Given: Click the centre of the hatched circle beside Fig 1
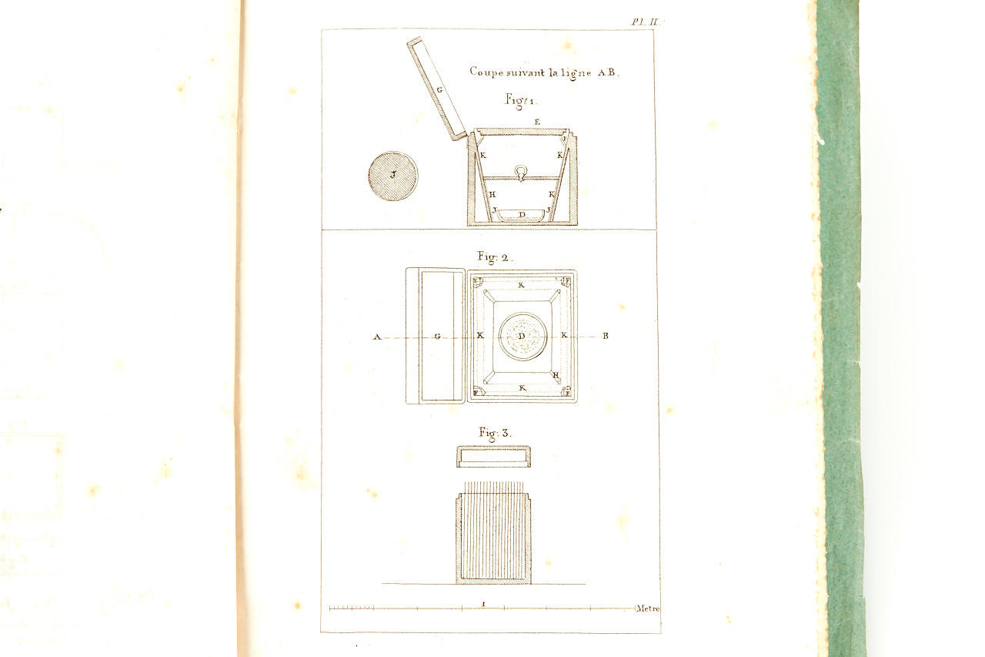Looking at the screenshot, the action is pos(392,176).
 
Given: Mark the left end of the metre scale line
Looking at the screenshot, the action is pos(330,608).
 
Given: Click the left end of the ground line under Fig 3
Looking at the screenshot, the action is pos(382,584).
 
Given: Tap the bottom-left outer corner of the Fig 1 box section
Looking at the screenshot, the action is pos(467,226).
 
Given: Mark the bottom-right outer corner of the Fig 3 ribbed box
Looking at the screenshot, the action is pos(531,584).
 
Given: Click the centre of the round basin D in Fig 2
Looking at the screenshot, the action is pos(523,336).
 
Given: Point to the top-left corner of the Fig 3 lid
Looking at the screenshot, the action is pos(457,447).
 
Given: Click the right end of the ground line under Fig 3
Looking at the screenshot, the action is pos(586,584).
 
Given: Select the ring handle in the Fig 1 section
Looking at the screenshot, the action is pos(521,173).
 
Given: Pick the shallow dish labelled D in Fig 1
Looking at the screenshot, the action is pos(522,215).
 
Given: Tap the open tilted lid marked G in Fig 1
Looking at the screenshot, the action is pos(436,89).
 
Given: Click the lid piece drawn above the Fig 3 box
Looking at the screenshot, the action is pos(493,456).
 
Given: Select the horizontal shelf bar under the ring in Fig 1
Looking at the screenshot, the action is pos(522,178).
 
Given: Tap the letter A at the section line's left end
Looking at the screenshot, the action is pos(377,337).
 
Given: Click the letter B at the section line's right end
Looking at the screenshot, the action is pos(606,336).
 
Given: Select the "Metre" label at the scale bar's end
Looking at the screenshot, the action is pos(648,608).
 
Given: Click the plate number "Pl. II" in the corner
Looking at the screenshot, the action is pos(646,22).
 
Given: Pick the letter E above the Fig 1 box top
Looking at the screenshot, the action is pos(537,122).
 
